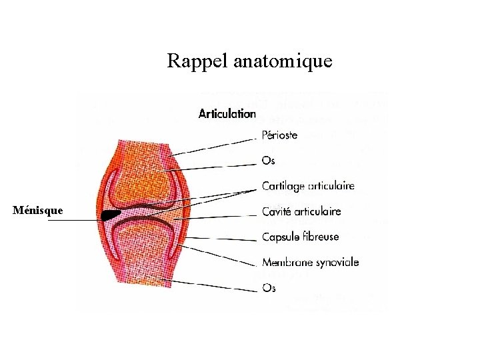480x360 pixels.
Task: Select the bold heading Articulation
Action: click(x=227, y=113)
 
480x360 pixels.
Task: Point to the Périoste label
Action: click(x=279, y=135)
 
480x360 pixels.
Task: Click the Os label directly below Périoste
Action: click(x=268, y=161)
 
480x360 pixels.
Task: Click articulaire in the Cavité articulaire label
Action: click(x=317, y=211)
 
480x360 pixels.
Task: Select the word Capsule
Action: click(x=280, y=237)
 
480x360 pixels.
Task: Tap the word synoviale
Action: click(x=337, y=262)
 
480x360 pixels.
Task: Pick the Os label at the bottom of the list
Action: click(x=269, y=288)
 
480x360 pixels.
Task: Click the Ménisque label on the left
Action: click(x=38, y=211)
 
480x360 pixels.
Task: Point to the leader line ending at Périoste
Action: click(x=213, y=146)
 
